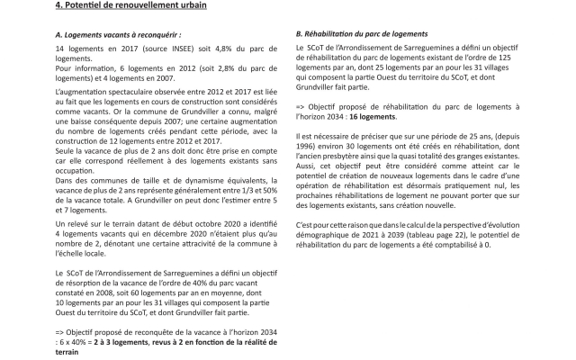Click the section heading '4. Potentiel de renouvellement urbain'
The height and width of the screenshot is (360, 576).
[x=117, y=6]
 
